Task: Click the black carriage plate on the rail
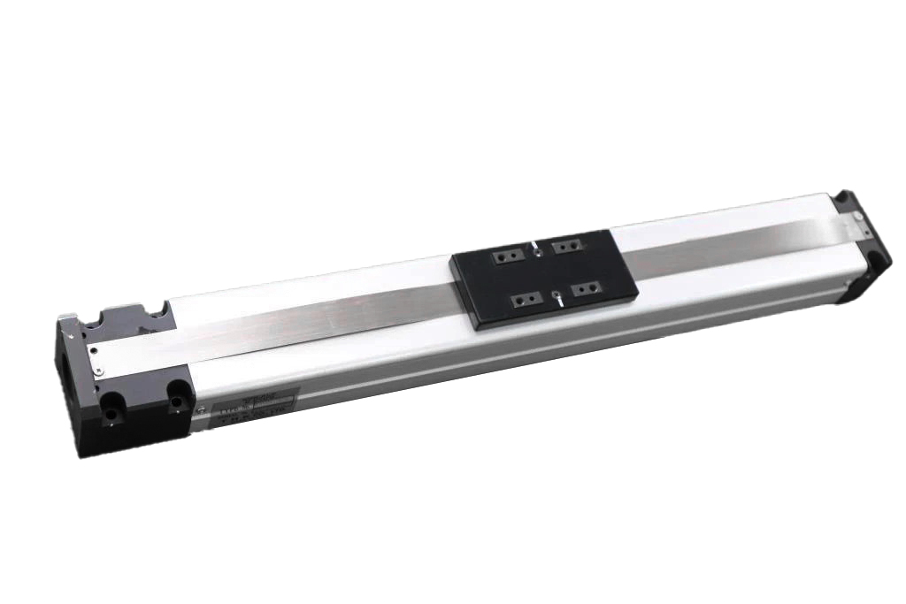pyautogui.click(x=539, y=279)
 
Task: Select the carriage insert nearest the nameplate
pyautogui.click(x=527, y=301)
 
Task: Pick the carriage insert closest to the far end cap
pyautogui.click(x=566, y=244)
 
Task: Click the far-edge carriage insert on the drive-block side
pyautogui.click(x=503, y=256)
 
